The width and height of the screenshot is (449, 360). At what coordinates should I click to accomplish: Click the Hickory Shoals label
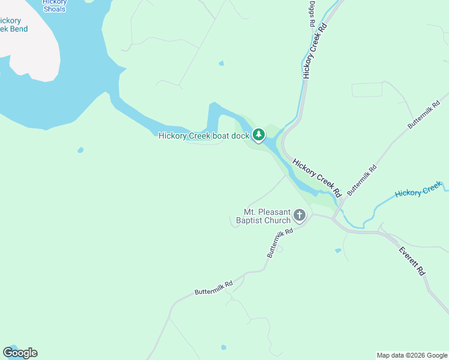coord(55,5)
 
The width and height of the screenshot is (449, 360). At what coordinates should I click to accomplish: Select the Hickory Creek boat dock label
coord(203,136)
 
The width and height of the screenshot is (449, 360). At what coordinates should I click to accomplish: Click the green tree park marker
coord(259,135)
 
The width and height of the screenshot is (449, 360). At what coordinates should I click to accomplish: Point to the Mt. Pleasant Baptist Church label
coord(267,216)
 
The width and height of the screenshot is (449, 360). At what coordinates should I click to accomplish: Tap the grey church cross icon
coord(300,215)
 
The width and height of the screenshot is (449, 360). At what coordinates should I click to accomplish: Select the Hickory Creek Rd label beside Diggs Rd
coord(316,51)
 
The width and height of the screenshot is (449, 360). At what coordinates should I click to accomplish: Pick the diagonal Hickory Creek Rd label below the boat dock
coord(317,178)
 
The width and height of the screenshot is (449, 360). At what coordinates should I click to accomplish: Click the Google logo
coord(20,353)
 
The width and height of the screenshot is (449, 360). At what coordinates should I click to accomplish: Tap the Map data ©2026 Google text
coord(412,355)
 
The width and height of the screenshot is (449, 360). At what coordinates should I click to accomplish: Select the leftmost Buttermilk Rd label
coord(213,288)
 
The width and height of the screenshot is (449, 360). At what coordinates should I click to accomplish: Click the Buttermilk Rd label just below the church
coord(280,242)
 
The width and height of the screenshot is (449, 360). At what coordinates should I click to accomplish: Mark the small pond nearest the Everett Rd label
coord(339,250)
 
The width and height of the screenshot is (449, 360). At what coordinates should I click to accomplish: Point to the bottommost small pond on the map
coord(224,347)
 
